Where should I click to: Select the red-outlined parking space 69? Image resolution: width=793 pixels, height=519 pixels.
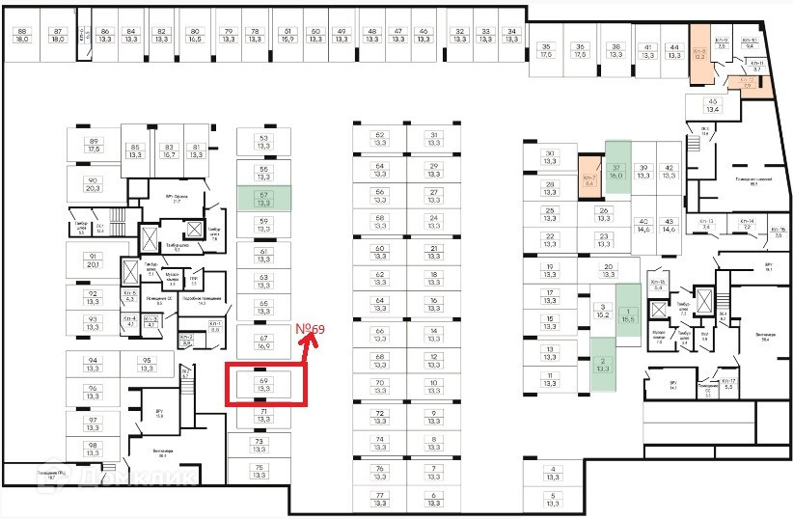(x=264, y=385)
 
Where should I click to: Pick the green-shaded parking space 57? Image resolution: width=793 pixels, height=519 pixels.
(x=262, y=199)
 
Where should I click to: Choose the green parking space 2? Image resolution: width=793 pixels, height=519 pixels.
(x=604, y=364)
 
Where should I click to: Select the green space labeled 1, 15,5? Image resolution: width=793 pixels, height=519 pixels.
(x=628, y=314)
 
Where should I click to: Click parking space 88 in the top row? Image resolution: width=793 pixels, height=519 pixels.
(x=21, y=36)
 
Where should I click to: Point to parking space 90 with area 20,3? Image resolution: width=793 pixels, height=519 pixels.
(x=93, y=184)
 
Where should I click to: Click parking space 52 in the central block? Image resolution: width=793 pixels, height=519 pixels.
(x=379, y=139)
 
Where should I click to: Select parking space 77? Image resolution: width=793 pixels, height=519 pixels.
(x=379, y=499)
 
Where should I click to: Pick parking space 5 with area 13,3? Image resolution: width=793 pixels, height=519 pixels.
(x=553, y=499)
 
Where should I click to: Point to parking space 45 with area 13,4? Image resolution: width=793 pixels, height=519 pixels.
(x=713, y=105)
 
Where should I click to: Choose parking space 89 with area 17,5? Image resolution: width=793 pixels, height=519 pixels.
(x=93, y=145)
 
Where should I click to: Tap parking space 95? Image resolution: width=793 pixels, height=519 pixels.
(x=147, y=364)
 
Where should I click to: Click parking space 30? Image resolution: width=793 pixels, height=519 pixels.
(x=550, y=157)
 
